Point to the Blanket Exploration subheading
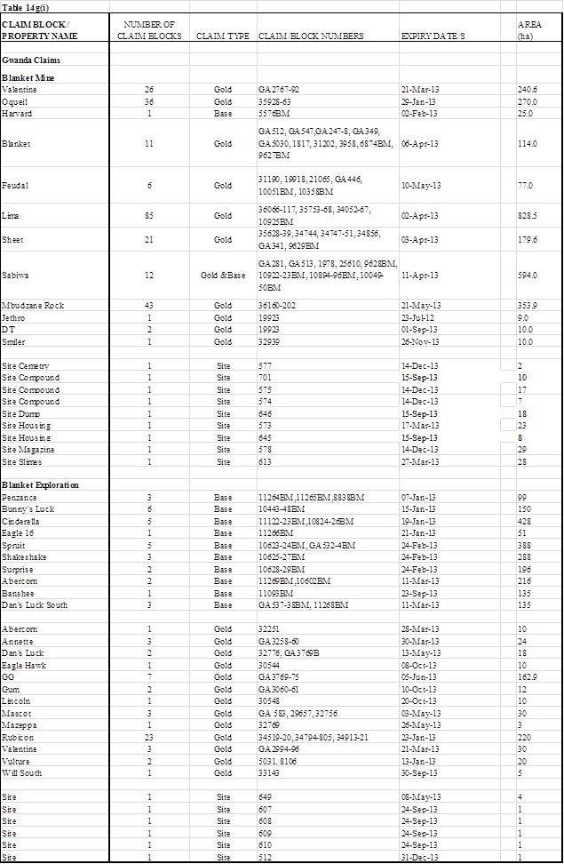point(41,484)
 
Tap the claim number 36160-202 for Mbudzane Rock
point(278,307)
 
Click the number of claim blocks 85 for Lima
point(149,215)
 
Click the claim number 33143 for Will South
point(269,772)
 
